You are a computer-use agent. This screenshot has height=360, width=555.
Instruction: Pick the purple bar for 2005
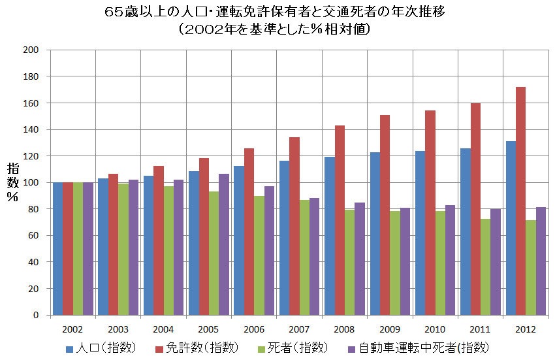[223, 244]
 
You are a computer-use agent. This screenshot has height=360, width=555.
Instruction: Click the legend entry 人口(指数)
[101, 347]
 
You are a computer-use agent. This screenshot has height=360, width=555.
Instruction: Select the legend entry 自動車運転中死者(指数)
[417, 347]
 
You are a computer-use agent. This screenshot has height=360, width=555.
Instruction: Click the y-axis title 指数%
[12, 182]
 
